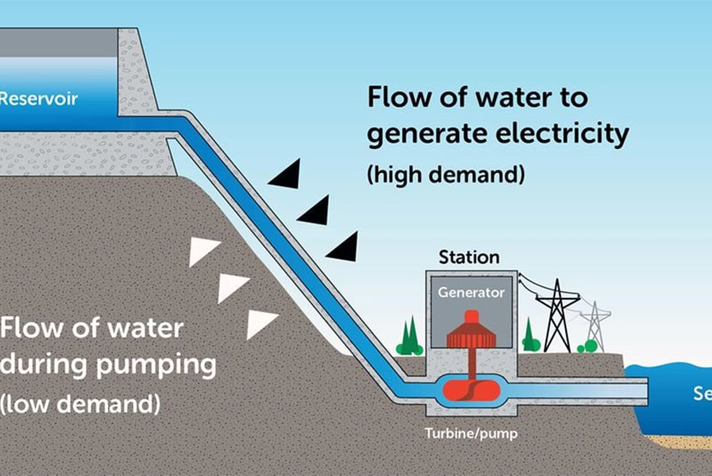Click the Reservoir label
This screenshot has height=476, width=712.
(x=38, y=99)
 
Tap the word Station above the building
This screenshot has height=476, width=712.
(x=469, y=258)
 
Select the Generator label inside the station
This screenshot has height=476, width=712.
(x=471, y=293)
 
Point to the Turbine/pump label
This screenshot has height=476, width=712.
(x=471, y=434)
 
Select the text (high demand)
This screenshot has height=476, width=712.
(x=446, y=176)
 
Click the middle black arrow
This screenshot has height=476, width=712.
(x=315, y=211)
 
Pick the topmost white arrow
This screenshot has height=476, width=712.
(x=203, y=252)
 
